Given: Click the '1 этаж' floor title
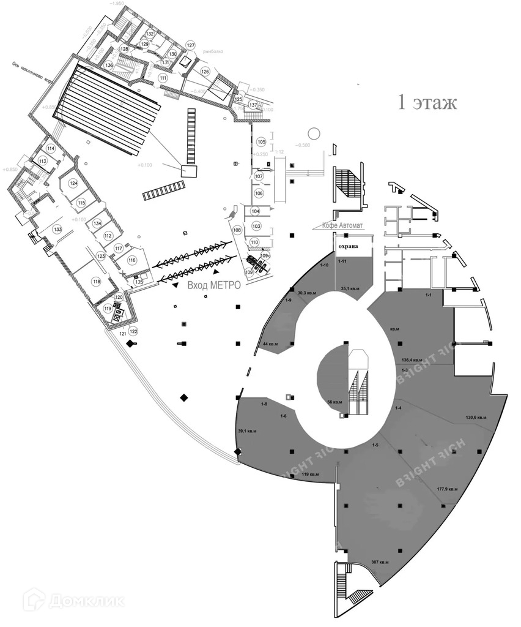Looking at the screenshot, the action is coord(427,102).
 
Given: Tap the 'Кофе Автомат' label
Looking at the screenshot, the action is coord(342,226).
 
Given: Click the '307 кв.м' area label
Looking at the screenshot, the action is coord(380,562).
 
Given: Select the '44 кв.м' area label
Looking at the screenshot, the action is coord(270,344).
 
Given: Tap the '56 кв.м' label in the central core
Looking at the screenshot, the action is coord(334,402).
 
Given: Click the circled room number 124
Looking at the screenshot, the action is coord(73,183).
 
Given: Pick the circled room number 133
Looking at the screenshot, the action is coord(57,229).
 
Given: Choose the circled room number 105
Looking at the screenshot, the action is coord(261,142).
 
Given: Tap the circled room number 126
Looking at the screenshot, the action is coord(205,72).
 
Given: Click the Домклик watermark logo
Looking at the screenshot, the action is coord(73,600).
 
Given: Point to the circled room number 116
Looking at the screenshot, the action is coord(131,260).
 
